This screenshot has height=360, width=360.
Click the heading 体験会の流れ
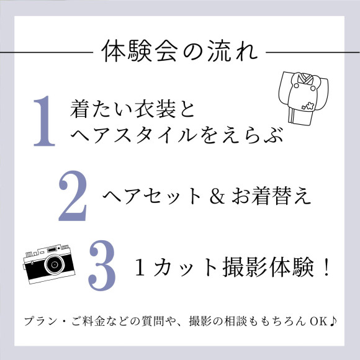point(179,51)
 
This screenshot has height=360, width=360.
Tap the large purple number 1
point(45,121)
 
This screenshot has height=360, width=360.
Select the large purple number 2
point(73,196)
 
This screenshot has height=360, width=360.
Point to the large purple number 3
point(102,266)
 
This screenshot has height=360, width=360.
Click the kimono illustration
point(304,98)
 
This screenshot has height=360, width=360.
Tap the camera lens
point(55,264)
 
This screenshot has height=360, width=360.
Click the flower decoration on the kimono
point(308,106)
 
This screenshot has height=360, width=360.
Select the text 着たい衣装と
point(132,109)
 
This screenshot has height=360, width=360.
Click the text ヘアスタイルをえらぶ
point(176,135)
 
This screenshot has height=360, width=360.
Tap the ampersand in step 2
point(217,196)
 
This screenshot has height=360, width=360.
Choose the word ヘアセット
point(152,196)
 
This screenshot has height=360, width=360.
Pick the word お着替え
point(271,196)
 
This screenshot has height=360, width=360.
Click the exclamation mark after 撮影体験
point(326,267)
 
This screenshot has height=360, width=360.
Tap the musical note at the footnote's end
point(333,321)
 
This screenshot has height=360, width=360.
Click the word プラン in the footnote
point(40,321)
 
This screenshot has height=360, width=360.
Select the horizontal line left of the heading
point(47,52)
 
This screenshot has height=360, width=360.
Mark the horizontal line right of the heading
point(313,52)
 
